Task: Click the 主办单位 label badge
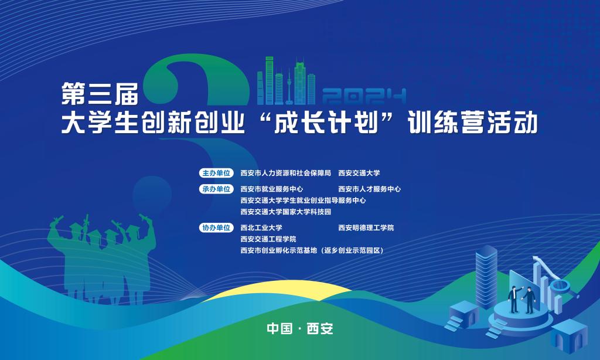(216, 173)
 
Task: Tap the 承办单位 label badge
(216, 189)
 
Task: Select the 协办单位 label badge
(216, 227)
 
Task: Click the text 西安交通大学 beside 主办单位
(359, 173)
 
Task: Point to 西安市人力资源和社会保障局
(285, 173)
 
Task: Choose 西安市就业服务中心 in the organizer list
(272, 189)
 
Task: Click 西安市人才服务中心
(369, 189)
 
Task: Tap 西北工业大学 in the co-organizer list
(261, 227)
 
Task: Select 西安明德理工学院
(366, 227)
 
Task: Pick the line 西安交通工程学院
(268, 239)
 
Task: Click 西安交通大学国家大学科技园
(285, 212)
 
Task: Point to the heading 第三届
(100, 93)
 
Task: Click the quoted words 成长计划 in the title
(326, 123)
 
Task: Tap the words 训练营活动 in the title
(473, 123)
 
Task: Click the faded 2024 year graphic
(364, 96)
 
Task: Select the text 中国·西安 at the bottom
(300, 328)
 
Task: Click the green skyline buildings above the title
(286, 81)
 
